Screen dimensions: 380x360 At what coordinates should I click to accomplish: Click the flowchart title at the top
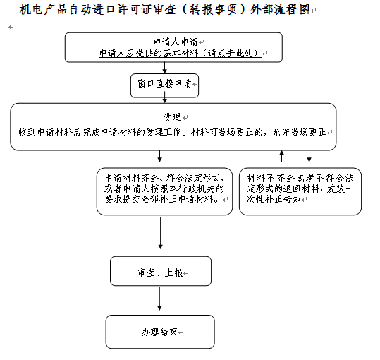click(x=164, y=10)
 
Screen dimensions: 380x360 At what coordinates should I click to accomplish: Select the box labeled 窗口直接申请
click(x=164, y=85)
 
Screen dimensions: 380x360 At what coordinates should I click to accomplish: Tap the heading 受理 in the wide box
click(x=172, y=117)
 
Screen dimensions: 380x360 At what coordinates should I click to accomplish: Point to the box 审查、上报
click(x=161, y=271)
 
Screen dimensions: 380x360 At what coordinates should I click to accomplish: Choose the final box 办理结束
click(x=160, y=332)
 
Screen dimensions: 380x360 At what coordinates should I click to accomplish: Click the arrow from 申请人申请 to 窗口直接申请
click(x=164, y=68)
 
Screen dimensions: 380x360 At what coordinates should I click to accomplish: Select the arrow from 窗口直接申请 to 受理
click(x=164, y=100)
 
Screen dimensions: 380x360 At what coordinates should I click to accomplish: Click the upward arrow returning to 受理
click(x=281, y=156)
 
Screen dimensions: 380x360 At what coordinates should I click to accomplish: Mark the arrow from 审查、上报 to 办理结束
click(x=159, y=299)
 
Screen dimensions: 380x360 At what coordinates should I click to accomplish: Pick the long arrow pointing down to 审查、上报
click(x=160, y=233)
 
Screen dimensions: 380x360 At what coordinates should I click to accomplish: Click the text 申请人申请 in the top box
click(x=176, y=42)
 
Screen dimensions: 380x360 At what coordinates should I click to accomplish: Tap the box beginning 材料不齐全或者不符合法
click(x=300, y=191)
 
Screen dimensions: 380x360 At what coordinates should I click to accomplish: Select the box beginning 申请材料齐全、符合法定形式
click(x=164, y=191)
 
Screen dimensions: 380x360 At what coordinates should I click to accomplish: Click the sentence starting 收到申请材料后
click(x=172, y=132)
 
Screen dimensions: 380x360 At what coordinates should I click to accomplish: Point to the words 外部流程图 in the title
click(x=281, y=10)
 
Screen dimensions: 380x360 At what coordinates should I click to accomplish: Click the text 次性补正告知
click(x=274, y=199)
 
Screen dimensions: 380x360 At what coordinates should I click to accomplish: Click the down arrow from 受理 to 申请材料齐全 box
click(x=159, y=156)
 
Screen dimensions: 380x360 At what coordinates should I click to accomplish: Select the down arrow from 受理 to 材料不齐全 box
click(x=309, y=156)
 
